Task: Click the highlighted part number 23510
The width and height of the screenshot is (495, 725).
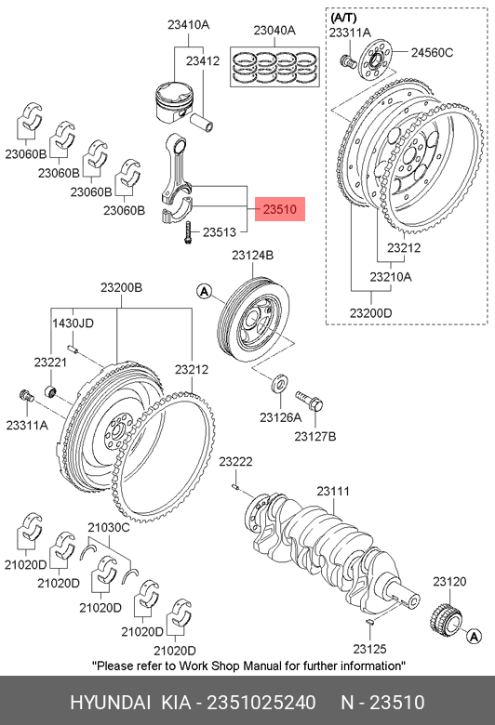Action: click(x=280, y=209)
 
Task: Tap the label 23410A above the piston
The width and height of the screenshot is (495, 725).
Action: click(x=189, y=25)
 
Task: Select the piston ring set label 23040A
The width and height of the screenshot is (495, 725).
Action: click(x=274, y=31)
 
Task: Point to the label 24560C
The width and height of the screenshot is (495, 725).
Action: click(x=432, y=53)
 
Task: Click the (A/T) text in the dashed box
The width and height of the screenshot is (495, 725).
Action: click(x=343, y=18)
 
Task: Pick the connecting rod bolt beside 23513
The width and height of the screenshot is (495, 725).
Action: click(x=188, y=233)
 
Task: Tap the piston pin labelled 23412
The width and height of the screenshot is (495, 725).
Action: click(x=202, y=121)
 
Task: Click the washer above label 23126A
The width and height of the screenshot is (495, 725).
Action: click(x=279, y=383)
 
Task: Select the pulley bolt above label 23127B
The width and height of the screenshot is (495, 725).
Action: click(x=309, y=400)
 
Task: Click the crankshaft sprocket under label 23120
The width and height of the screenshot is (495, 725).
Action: click(x=447, y=616)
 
